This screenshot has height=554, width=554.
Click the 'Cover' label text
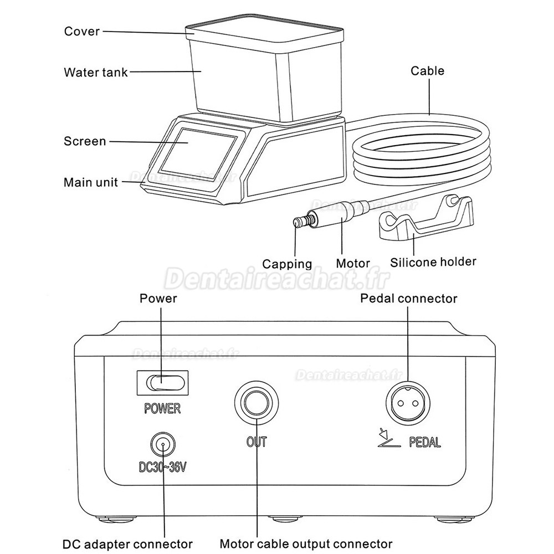82,31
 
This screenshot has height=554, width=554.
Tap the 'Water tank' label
95,72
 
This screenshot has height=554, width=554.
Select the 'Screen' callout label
84,141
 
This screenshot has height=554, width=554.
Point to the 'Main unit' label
91,182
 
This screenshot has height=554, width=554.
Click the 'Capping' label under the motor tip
287,264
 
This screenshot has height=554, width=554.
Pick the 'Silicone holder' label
433,261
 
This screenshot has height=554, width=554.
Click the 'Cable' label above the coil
427,70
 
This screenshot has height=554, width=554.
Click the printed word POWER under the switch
162,409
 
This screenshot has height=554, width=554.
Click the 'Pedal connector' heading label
409,299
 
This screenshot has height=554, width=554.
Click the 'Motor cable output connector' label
306,543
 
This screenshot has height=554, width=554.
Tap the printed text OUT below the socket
257,442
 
